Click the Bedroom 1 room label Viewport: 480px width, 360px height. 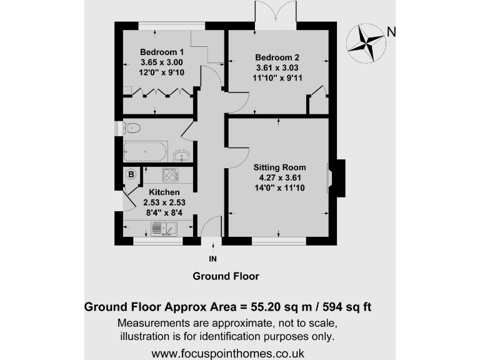162,52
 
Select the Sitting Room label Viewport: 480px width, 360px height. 279,167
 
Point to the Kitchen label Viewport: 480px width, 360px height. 164,192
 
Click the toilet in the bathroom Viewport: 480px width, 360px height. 131,128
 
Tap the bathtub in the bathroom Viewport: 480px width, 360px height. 145,151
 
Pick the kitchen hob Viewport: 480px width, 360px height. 170,174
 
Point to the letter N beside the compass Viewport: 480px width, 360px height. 391,32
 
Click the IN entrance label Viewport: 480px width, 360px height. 212,257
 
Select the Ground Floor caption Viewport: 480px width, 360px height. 226,276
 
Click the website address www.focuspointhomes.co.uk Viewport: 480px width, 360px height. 228,353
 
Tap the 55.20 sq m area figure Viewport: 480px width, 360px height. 268,307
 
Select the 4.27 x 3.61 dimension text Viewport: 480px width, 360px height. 279,177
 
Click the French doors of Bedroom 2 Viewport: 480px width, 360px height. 276,12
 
